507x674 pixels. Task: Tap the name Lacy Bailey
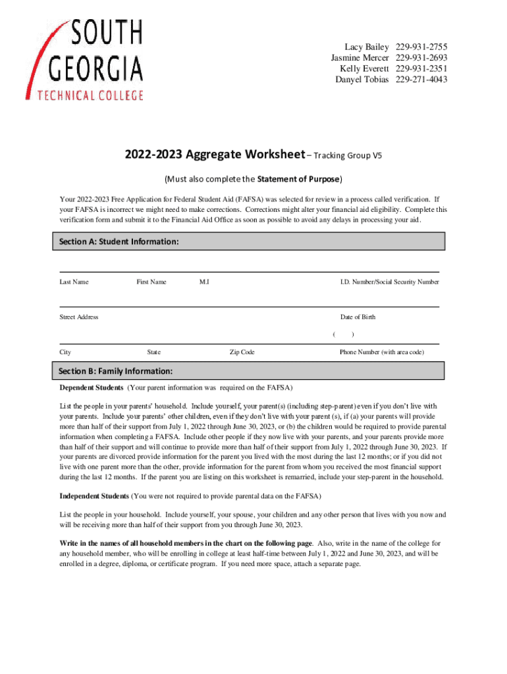coord(367,47)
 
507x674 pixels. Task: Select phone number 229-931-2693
coord(421,58)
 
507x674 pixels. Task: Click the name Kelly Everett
coord(364,69)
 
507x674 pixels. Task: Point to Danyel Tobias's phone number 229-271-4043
coord(421,80)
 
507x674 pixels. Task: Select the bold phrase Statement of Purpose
coord(299,179)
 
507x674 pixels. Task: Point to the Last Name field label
coord(74,282)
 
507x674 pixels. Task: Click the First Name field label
coord(151,282)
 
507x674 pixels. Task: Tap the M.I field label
coord(204,282)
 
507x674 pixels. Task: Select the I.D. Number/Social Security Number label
coord(389,282)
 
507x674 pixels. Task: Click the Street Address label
coord(79,317)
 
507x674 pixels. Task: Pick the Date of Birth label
coord(358,317)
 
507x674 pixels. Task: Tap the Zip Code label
coord(242,353)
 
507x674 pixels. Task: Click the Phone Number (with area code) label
coord(381,353)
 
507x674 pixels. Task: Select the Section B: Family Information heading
coord(116,371)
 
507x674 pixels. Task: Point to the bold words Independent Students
coord(94,495)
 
